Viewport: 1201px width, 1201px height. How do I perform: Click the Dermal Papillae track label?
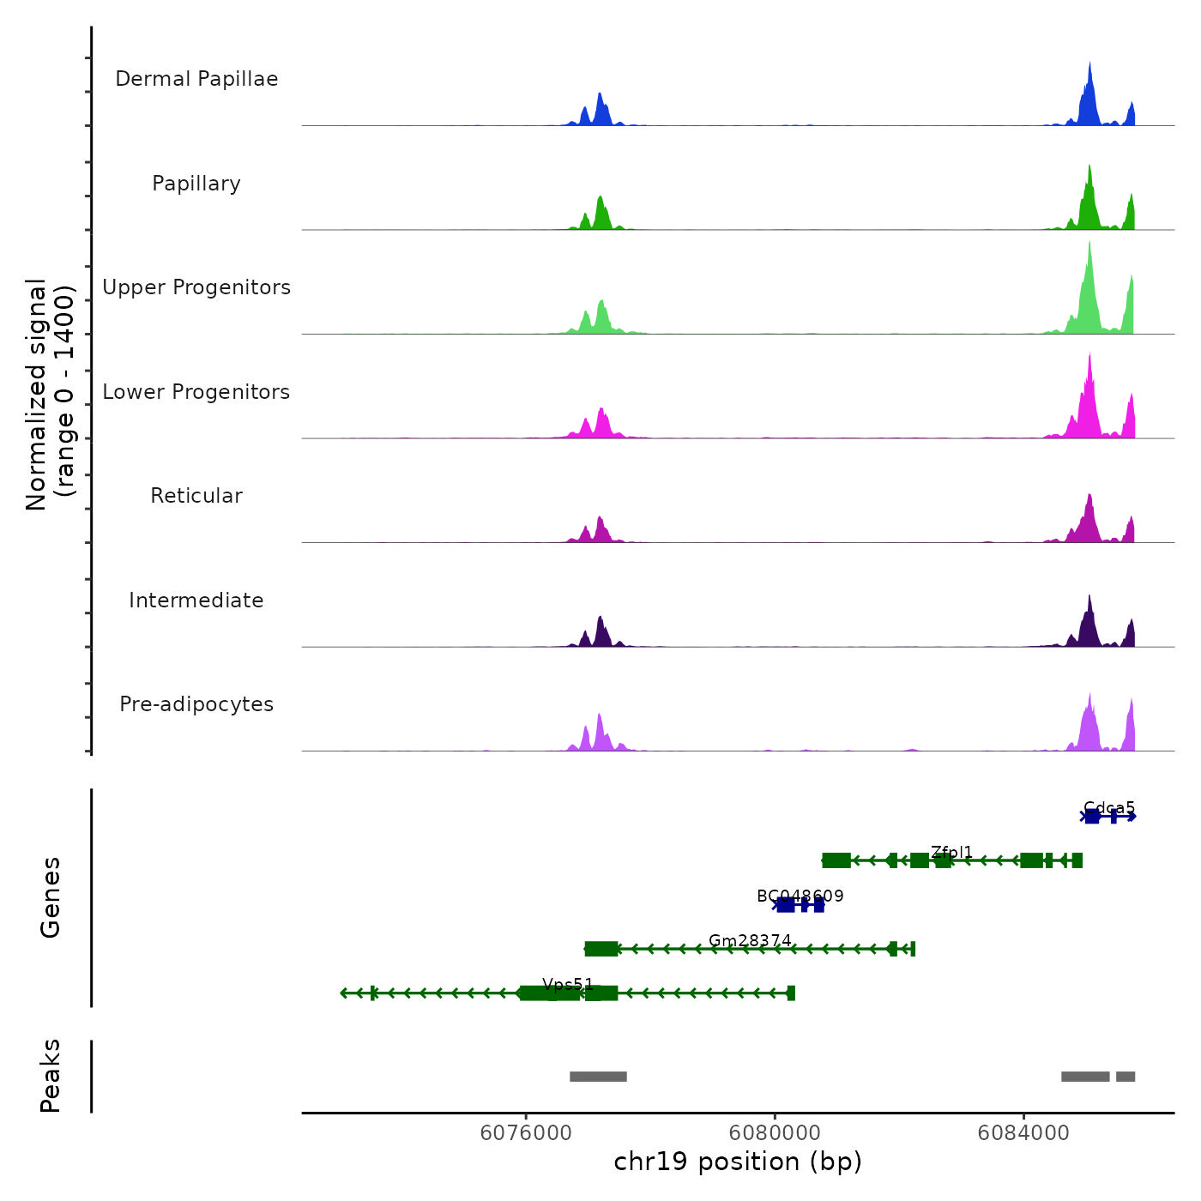tap(196, 79)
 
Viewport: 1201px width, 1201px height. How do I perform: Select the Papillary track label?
tap(196, 184)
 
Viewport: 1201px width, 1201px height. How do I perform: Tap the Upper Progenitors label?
tap(196, 287)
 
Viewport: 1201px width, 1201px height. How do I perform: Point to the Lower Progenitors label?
tap(196, 392)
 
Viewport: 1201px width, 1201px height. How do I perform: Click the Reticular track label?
tap(196, 496)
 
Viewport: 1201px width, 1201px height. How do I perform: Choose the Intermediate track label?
tap(196, 600)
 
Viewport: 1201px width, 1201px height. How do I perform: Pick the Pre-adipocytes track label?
tap(196, 704)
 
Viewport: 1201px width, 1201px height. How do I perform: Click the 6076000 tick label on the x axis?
tap(526, 1132)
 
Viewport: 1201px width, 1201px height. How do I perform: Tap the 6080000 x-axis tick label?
tap(775, 1132)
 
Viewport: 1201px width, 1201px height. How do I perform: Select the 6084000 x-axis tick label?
tap(1023, 1132)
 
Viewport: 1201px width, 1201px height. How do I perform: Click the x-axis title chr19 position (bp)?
tap(738, 1162)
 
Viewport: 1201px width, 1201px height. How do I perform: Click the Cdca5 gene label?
tap(1109, 808)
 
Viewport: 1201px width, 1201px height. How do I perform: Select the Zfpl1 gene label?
tap(951, 853)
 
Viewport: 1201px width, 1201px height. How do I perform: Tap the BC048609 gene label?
tap(800, 896)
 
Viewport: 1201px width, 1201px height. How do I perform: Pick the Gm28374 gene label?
tap(750, 941)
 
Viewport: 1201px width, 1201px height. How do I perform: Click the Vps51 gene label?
tap(568, 985)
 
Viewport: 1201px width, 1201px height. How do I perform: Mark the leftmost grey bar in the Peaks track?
tap(598, 1077)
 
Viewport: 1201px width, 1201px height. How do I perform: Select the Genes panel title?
tap(51, 897)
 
